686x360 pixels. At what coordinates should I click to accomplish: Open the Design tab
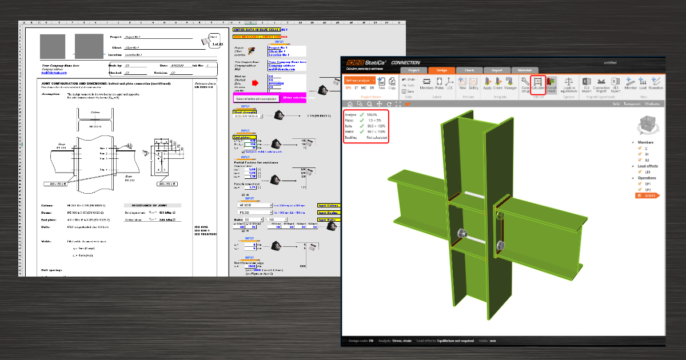(x=442, y=70)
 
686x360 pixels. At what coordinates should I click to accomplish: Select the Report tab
(x=496, y=70)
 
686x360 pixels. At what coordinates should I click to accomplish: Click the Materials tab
(x=524, y=70)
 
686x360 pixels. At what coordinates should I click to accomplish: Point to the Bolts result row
(x=366, y=126)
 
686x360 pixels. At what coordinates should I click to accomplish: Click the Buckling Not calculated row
(x=366, y=138)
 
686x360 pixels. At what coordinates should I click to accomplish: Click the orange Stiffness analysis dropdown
(x=360, y=81)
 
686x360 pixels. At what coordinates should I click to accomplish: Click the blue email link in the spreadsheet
(x=54, y=73)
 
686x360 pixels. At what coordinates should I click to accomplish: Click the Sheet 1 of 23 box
(x=214, y=39)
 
